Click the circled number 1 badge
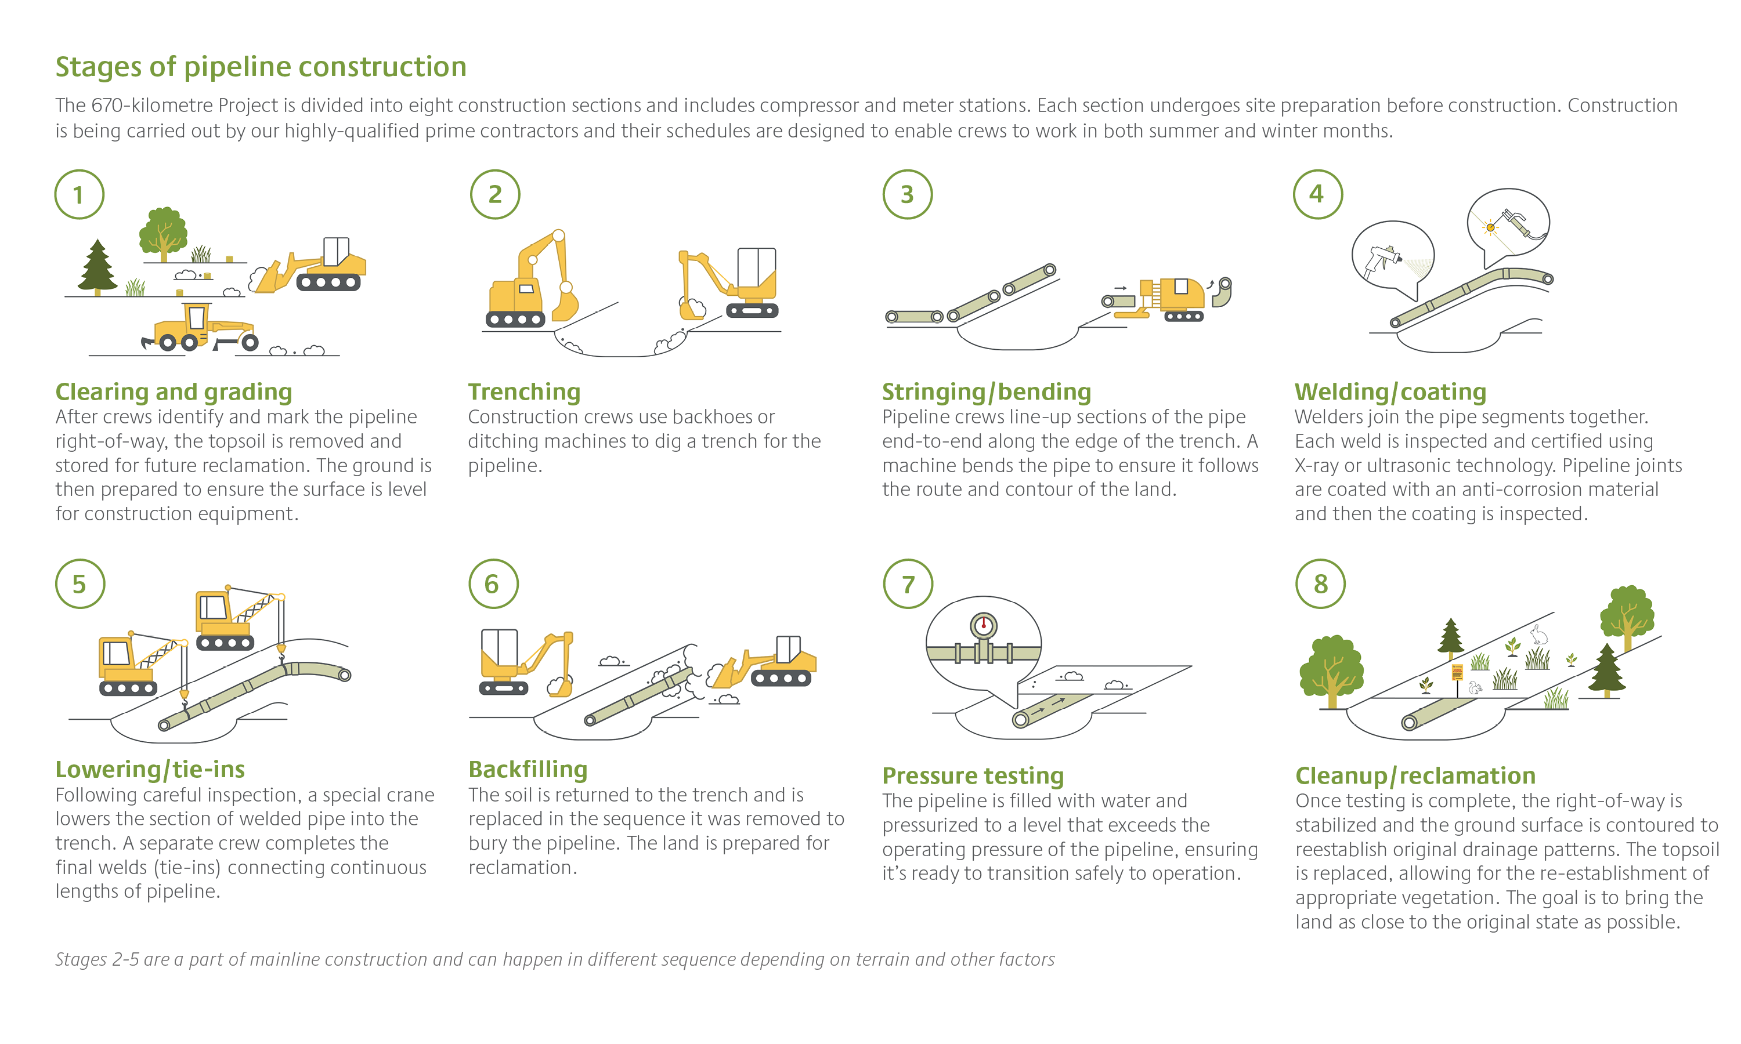79,194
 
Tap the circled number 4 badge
1317,194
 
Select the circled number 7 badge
908,584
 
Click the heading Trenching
524,392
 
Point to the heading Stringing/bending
987,392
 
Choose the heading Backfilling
528,770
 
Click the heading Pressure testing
973,775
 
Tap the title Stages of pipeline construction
261,67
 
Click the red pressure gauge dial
983,625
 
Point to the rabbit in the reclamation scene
1539,635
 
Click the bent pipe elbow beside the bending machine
1222,292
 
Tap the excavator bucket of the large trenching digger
565,303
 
